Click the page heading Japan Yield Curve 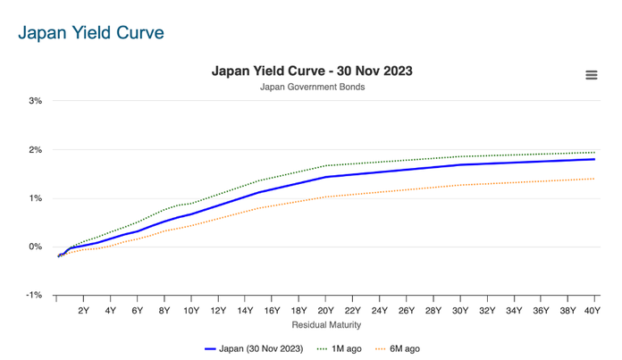90,33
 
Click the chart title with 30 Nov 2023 311,71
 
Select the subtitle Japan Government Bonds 312,87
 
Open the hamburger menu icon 591,75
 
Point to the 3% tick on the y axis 36,101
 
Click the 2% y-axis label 36,149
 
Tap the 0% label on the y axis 36,247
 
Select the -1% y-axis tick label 34,295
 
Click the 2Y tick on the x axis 83,311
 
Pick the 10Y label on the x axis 191,311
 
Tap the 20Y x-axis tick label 325,311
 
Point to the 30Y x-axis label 460,311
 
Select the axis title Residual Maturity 325,326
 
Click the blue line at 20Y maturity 326,177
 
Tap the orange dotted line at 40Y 593,179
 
